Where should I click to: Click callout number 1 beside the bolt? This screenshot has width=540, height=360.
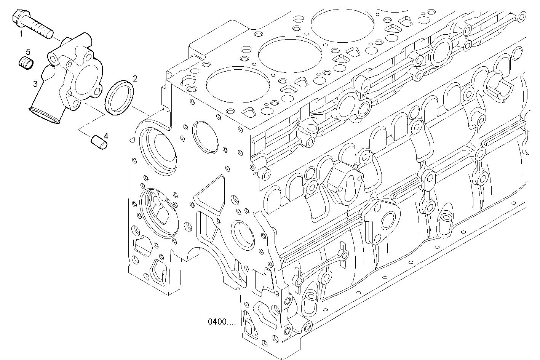[x=21, y=34]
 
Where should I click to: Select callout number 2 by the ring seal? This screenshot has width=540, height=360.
[x=135, y=79]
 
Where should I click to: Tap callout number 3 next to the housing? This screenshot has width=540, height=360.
[x=35, y=84]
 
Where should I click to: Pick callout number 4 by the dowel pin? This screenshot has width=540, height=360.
[x=106, y=136]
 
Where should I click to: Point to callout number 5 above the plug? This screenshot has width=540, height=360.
[x=28, y=51]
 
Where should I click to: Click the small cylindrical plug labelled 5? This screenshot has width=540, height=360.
[x=26, y=63]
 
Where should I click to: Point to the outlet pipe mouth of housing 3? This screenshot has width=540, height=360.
[x=44, y=115]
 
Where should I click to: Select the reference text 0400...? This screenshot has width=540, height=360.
[x=222, y=322]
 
